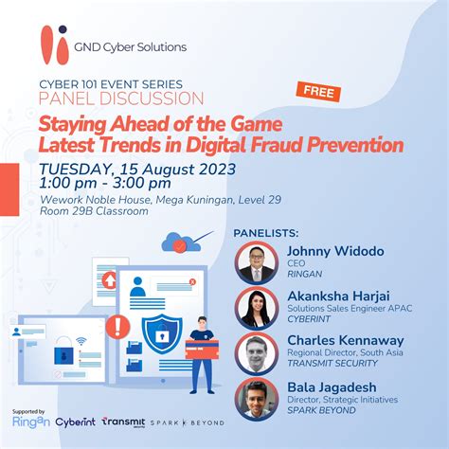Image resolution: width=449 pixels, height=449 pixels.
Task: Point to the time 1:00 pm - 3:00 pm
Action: click(104, 184)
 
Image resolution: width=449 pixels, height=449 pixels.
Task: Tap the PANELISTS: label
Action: click(265, 232)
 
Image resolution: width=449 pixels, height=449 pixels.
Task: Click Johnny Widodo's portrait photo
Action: click(257, 261)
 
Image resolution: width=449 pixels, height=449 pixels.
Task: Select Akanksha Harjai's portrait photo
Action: click(257, 307)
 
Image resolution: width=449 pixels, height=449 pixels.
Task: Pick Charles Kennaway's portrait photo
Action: click(257, 352)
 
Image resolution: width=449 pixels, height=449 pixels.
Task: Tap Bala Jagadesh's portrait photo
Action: click(257, 398)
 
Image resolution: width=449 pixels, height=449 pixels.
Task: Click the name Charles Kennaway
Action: click(345, 340)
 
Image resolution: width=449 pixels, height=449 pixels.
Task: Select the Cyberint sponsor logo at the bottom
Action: click(74, 422)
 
